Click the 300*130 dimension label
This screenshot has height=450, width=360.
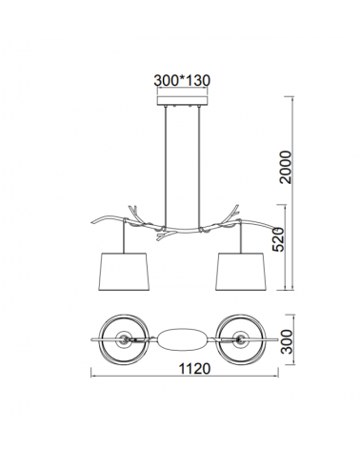(182, 80)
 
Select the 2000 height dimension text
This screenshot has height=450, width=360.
(285, 167)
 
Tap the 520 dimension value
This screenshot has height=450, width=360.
(278, 239)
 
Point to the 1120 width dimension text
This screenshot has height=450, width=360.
(194, 369)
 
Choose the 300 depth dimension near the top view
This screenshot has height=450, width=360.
(288, 341)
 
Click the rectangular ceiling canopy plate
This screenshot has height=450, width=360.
(182, 100)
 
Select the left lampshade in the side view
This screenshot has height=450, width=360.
(125, 272)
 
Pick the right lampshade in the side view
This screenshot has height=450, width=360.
(240, 272)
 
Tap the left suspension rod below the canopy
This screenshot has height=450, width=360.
(166, 167)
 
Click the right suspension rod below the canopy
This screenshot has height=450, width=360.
(199, 167)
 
